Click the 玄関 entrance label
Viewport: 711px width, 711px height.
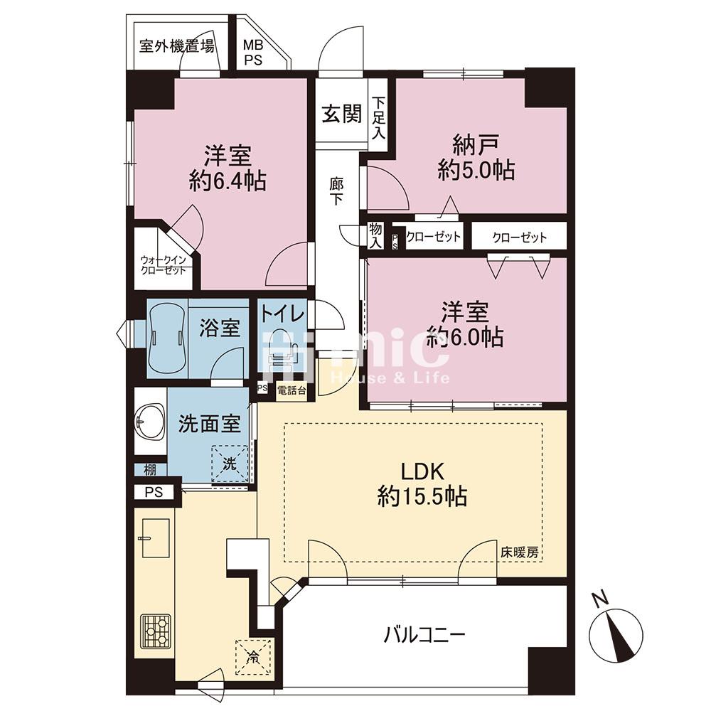click(342, 114)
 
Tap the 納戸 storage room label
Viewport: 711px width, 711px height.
click(476, 145)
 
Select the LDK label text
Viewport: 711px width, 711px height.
click(422, 471)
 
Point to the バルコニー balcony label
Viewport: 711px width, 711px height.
click(424, 635)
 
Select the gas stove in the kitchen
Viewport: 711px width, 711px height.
click(156, 631)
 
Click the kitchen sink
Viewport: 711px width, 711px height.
click(156, 538)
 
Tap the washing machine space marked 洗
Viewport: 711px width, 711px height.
click(230, 464)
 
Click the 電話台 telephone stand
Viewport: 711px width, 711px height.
click(291, 390)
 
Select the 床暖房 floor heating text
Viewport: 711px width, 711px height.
click(520, 552)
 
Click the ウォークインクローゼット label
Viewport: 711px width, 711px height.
click(164, 265)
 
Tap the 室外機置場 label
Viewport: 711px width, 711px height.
click(177, 46)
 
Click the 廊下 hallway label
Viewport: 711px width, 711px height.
click(336, 191)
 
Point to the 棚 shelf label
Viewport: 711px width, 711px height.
click(150, 469)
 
